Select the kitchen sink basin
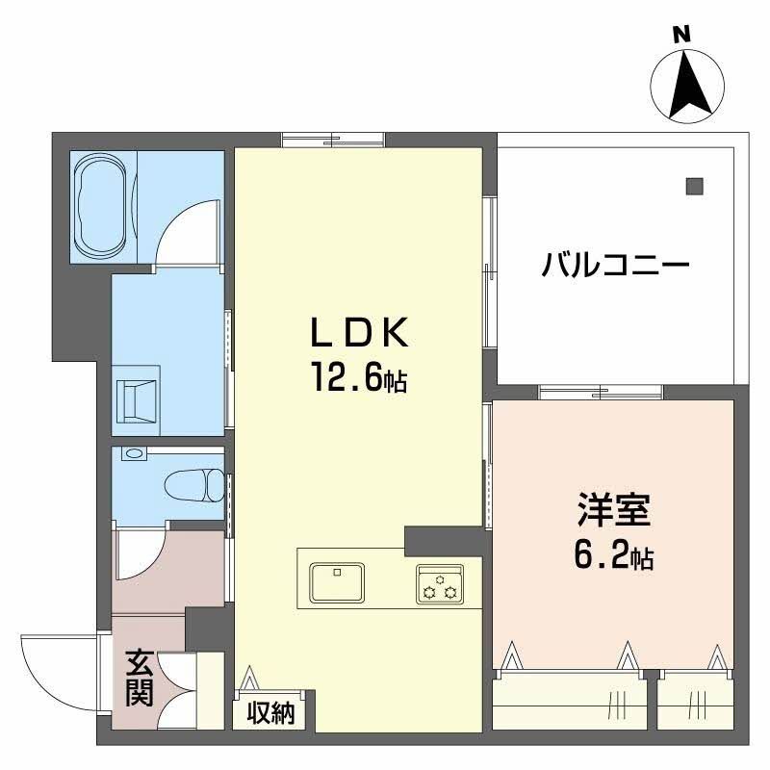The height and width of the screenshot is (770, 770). pyautogui.click(x=336, y=582)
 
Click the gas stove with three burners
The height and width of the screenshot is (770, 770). pyautogui.click(x=441, y=584)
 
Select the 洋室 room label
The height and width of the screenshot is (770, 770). pyautogui.click(x=614, y=510)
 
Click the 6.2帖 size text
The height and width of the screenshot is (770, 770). pyautogui.click(x=614, y=555)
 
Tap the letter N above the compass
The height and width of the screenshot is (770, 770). pyautogui.click(x=682, y=34)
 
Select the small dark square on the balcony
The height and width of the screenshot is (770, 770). pyautogui.click(x=695, y=185)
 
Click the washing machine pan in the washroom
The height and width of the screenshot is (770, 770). pyautogui.click(x=138, y=398)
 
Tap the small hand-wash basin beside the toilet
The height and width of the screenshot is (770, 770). pyautogui.click(x=133, y=453)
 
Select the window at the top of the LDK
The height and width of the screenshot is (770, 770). pyautogui.click(x=332, y=141)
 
